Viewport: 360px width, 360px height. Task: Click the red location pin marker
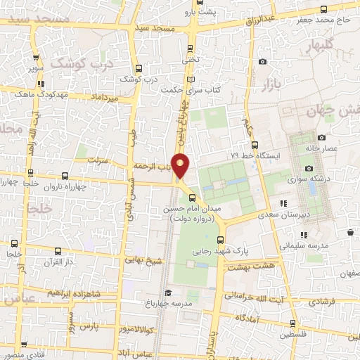point(181,165)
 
